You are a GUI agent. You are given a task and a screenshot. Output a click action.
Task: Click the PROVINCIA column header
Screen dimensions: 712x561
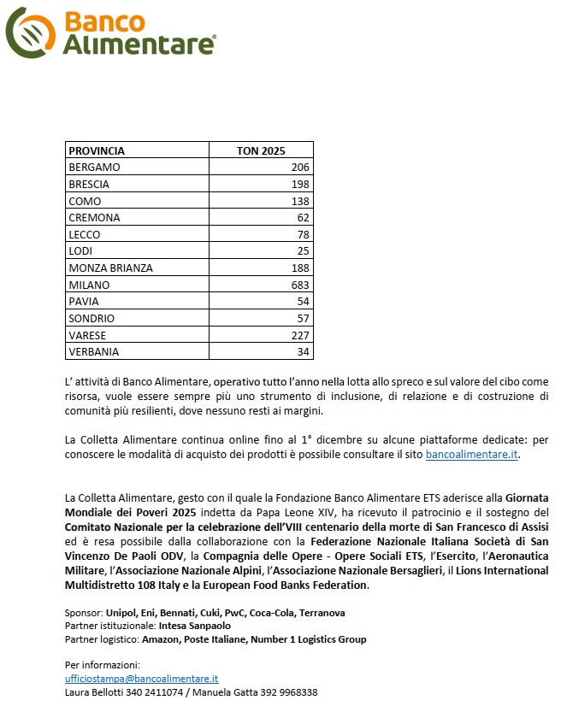click(96, 150)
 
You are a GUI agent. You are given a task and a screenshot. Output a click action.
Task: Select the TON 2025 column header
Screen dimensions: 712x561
click(260, 150)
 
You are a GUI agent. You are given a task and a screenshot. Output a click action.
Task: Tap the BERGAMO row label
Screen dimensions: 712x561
click(94, 168)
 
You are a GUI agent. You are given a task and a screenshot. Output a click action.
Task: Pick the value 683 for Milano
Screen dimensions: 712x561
click(299, 285)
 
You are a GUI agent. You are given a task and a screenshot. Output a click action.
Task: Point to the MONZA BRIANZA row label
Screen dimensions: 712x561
click(110, 268)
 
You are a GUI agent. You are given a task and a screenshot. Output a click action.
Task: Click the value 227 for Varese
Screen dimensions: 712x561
click(299, 335)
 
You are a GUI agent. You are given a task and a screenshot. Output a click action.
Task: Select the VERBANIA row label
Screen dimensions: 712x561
click(93, 351)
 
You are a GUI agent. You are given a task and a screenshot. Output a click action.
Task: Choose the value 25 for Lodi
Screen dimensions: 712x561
click(303, 251)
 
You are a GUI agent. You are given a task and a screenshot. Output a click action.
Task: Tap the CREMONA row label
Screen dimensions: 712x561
click(94, 218)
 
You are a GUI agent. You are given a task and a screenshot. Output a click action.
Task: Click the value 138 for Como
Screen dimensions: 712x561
click(299, 201)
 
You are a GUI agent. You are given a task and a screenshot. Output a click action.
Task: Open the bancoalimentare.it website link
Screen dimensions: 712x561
click(471, 455)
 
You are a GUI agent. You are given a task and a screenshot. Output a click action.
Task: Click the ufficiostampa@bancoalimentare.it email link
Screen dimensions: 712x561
click(141, 678)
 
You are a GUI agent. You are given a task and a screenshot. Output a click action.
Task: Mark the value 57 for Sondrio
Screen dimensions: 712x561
click(303, 318)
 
